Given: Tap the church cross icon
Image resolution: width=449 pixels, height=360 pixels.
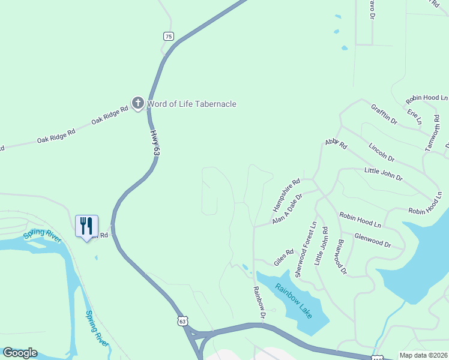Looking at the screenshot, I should (138, 104).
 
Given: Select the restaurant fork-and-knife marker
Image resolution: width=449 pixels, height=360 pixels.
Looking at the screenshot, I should (86, 226).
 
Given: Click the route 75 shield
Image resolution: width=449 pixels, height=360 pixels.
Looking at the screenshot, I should (169, 37).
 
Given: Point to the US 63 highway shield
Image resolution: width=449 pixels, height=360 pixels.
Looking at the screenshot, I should (182, 322).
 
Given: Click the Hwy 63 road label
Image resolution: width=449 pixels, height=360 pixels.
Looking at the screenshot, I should (155, 144).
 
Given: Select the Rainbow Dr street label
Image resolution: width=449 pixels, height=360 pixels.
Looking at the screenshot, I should (259, 302).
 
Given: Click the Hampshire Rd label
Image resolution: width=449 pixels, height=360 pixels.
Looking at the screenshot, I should (286, 196).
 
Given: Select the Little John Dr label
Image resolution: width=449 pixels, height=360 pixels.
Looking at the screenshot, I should (383, 175).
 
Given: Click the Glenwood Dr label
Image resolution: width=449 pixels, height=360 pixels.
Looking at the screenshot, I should (372, 241).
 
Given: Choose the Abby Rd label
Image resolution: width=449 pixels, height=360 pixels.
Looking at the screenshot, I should (336, 143).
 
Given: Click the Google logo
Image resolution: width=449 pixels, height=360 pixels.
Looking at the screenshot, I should (20, 353).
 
